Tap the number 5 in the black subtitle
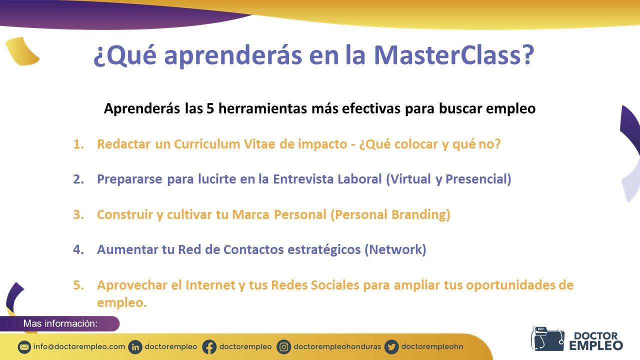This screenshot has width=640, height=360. [210, 108]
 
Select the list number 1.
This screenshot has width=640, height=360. [78, 144]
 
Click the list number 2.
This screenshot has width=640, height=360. [78, 179]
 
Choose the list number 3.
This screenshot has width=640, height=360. [78, 215]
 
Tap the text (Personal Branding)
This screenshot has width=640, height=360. [390, 215]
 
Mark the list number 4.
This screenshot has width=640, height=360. [78, 249]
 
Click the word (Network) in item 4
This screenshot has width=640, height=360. [395, 249]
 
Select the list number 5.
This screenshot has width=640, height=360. [78, 285]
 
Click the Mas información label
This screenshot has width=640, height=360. [60, 323]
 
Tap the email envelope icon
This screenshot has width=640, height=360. [24, 347]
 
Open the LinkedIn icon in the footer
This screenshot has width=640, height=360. [135, 347]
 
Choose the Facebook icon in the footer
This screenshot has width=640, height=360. [209, 347]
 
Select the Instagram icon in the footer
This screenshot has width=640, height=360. [283, 347]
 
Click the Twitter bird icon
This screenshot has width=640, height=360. [391, 347]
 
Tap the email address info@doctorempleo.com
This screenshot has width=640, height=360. [79, 346]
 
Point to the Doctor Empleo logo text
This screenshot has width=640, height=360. [595, 341]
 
